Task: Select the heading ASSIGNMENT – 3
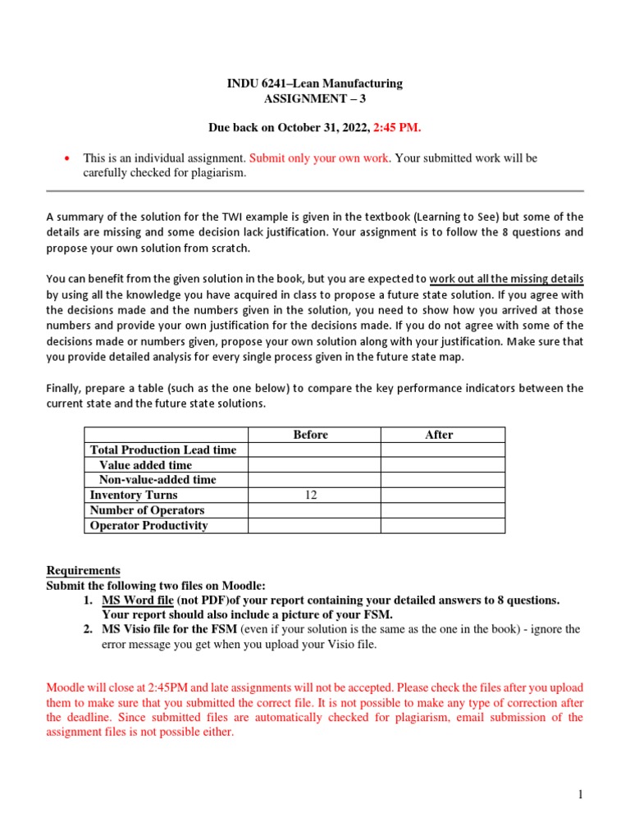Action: pyautogui.click(x=314, y=98)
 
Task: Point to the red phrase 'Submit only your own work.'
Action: pyautogui.click(x=320, y=157)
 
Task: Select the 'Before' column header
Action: pyautogui.click(x=311, y=435)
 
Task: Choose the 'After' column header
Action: pyautogui.click(x=439, y=435)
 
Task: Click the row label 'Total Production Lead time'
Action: pyautogui.click(x=162, y=450)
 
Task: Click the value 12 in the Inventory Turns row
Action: pyautogui.click(x=311, y=495)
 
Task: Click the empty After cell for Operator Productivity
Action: pyautogui.click(x=442, y=526)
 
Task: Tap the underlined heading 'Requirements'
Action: pyautogui.click(x=83, y=570)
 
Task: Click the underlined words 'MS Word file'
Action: pyautogui.click(x=137, y=600)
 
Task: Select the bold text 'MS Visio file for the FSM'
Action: pyautogui.click(x=170, y=629)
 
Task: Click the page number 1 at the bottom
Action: pyautogui.click(x=579, y=794)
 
